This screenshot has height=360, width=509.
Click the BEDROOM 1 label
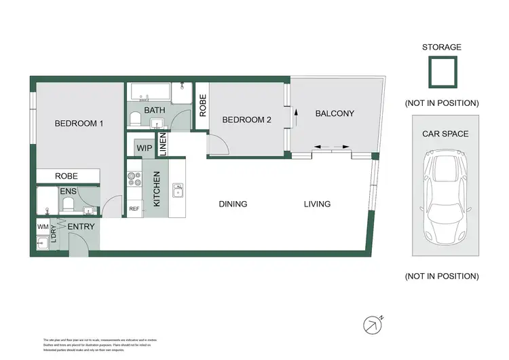point(79,124)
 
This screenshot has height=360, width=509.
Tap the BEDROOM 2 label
point(247,120)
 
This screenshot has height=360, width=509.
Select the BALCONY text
point(335,113)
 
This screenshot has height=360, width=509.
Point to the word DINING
point(233,204)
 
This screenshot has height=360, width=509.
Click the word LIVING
point(317,204)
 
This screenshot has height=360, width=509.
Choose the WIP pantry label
point(144,147)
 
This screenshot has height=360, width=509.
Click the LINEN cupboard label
point(162,145)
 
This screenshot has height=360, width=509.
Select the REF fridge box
point(134,209)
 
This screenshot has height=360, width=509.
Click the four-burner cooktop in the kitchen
point(133,179)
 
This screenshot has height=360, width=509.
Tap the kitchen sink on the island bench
point(178,190)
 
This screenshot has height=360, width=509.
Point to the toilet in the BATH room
point(135,120)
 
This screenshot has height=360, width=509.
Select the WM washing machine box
point(42,226)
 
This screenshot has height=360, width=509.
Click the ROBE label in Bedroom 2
point(202,101)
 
